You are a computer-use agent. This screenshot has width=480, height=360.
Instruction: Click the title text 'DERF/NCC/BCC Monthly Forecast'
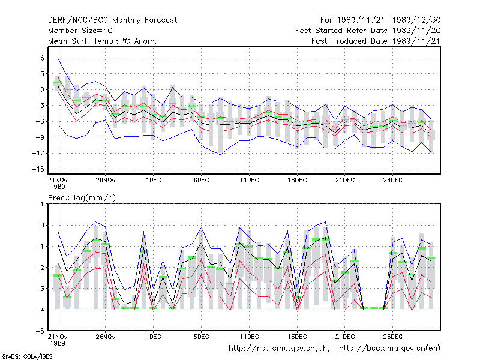(x=112, y=20)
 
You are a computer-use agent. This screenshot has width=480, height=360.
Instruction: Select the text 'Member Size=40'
(x=80, y=31)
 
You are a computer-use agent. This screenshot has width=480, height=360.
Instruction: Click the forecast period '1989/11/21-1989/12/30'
(x=389, y=20)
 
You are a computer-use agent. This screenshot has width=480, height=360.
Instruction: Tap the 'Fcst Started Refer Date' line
(x=368, y=31)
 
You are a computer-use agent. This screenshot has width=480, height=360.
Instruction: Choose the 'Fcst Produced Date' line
(x=376, y=41)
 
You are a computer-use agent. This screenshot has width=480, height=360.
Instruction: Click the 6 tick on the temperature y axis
(x=42, y=58)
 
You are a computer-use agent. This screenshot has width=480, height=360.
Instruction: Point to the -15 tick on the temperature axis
(x=38, y=169)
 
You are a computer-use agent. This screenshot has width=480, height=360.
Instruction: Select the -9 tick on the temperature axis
(x=40, y=137)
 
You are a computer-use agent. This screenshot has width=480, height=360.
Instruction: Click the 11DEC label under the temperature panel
(x=249, y=180)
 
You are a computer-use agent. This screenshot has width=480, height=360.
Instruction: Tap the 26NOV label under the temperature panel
(x=106, y=180)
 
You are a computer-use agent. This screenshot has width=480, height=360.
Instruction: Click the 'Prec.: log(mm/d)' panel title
(x=82, y=198)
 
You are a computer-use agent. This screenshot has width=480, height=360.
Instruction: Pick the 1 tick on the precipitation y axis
(x=42, y=204)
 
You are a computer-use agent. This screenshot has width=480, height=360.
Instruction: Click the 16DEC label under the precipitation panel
(x=297, y=337)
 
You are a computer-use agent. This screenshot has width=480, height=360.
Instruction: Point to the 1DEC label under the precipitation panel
(x=154, y=337)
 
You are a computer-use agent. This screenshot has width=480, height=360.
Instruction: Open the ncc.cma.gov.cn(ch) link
(x=279, y=349)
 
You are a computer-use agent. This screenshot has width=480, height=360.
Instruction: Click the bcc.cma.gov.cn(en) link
(x=389, y=349)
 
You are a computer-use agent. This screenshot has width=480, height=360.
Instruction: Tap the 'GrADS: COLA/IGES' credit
(x=27, y=356)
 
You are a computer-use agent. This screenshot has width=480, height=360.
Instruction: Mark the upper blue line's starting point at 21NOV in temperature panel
(x=58, y=58)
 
